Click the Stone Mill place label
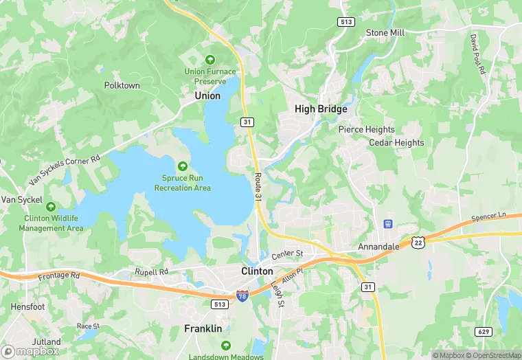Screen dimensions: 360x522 (x=385, y=32)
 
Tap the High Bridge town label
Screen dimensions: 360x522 (x=321, y=109)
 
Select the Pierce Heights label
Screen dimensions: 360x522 (x=366, y=129)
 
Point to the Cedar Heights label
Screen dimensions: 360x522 (x=396, y=143)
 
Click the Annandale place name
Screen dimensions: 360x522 (x=378, y=246)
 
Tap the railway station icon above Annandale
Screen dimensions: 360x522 (x=387, y=224)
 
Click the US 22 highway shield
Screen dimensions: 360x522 (x=418, y=242)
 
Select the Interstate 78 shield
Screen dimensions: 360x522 (x=242, y=295)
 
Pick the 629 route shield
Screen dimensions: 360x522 (x=484, y=332)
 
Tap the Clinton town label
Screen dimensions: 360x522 (x=258, y=271)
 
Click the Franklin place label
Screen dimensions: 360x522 (x=203, y=328)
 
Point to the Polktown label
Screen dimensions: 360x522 (x=122, y=86)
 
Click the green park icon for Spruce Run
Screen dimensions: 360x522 (x=182, y=166)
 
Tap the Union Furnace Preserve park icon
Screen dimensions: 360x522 (x=209, y=59)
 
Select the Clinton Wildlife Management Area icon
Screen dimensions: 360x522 (x=51, y=206)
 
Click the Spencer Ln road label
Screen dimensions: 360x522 (x=488, y=218)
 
